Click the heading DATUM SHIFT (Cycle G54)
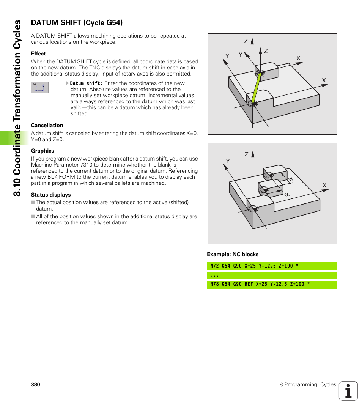tap(77, 23)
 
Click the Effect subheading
tap(38, 54)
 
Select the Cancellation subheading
tap(47, 125)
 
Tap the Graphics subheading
tap(42, 151)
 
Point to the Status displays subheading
tap(51, 195)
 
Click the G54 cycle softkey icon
tap(39, 87)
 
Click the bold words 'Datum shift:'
tap(87, 83)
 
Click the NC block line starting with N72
tap(254, 266)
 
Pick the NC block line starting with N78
tap(260, 284)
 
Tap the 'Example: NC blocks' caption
tap(233, 254)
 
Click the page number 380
tap(35, 384)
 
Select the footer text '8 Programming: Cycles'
tap(308, 384)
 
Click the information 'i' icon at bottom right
tap(348, 391)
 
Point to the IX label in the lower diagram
tap(286, 194)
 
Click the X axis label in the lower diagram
tap(324, 186)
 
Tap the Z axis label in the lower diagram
tap(246, 154)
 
